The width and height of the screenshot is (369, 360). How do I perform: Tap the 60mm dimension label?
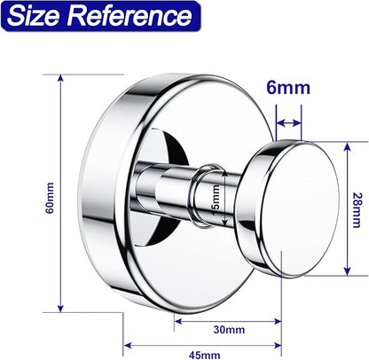pyautogui.click(x=50, y=198)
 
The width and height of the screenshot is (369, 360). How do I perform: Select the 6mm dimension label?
pyautogui.click(x=288, y=88)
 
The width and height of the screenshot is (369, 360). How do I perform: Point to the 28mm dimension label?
pyautogui.click(x=357, y=210)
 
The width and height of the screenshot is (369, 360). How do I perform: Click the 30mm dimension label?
pyautogui.click(x=229, y=330)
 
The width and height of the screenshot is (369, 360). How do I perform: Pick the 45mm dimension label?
pyautogui.click(x=204, y=355)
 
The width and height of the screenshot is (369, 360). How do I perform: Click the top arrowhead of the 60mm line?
pyautogui.click(x=60, y=78)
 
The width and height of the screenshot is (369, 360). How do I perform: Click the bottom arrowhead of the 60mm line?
pyautogui.click(x=60, y=309)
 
